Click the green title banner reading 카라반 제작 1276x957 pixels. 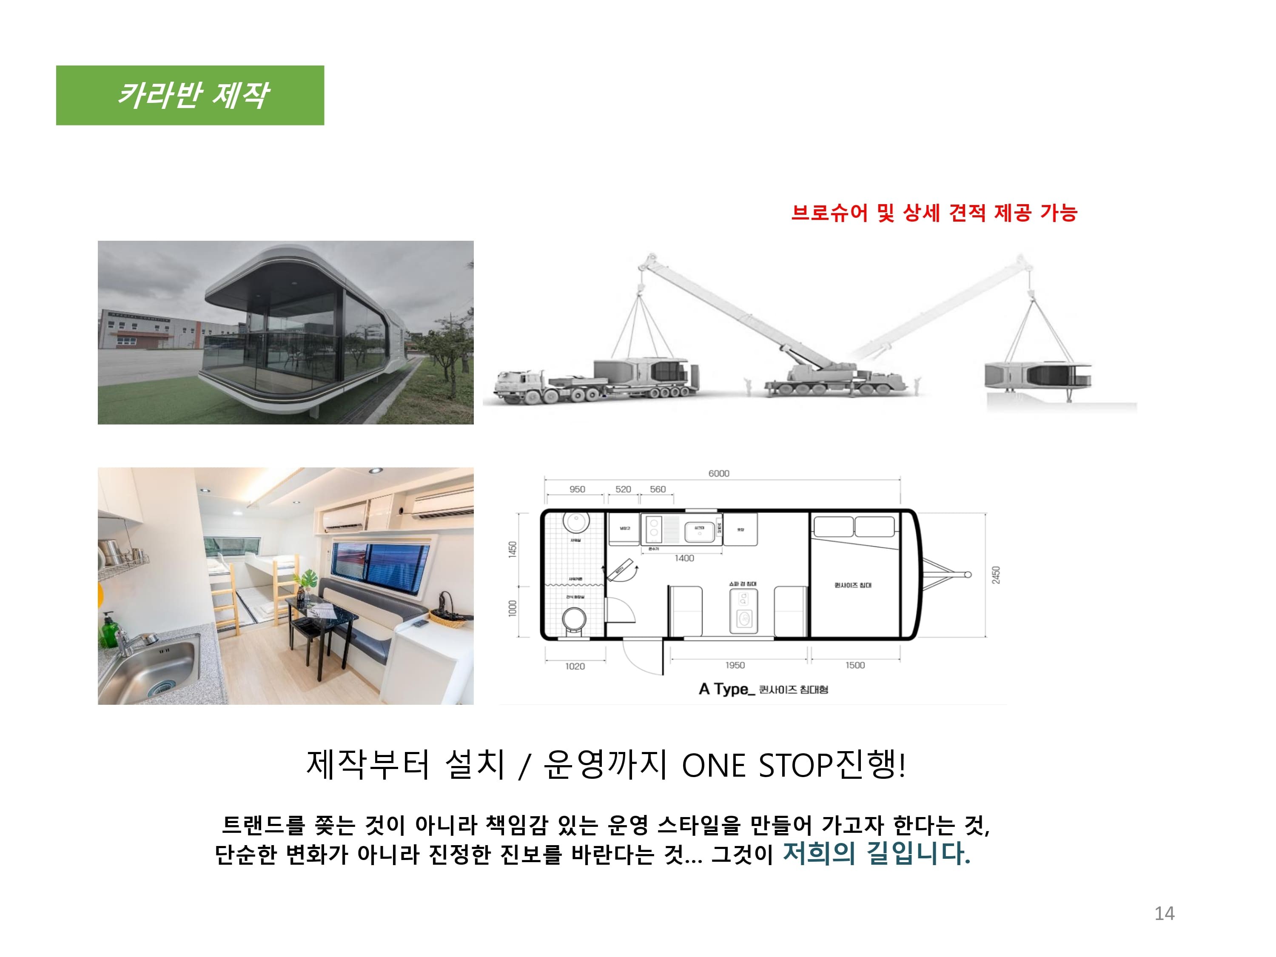point(190,95)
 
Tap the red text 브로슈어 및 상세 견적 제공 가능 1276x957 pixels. point(934,213)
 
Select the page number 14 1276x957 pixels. point(1164,913)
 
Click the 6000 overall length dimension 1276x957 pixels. point(719,473)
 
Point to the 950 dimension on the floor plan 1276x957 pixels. point(577,489)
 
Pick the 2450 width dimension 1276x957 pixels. point(996,575)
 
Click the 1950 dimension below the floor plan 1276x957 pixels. point(735,665)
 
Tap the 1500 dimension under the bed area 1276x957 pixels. point(855,665)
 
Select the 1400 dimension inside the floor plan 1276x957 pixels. point(684,558)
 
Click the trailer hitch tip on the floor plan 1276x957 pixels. point(968,575)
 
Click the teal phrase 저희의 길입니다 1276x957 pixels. point(876,853)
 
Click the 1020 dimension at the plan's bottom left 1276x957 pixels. point(575,666)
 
